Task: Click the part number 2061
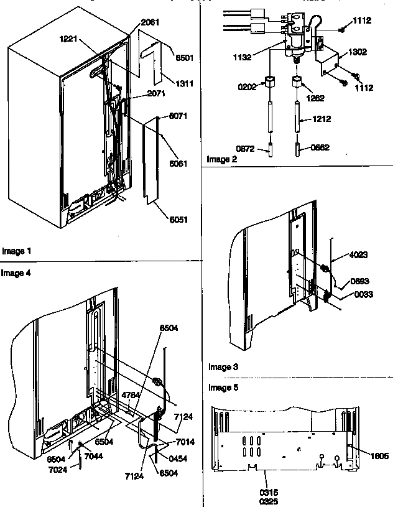(150, 22)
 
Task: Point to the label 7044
(94, 457)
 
